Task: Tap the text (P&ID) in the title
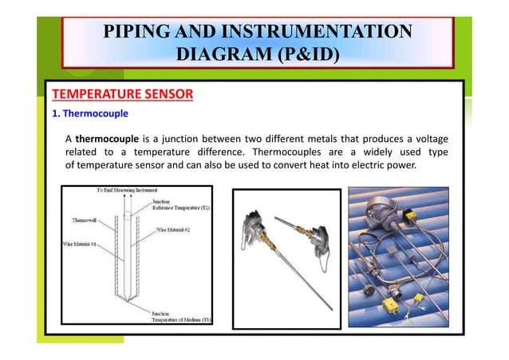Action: [x=305, y=54]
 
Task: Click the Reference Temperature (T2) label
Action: [x=180, y=208]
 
